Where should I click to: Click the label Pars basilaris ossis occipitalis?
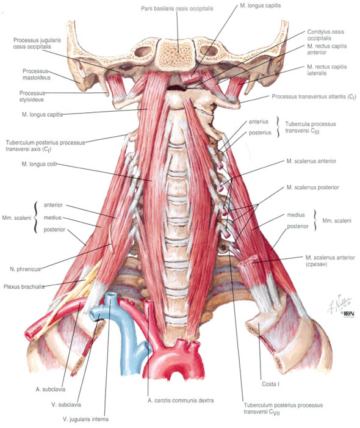177,9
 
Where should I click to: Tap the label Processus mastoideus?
37,74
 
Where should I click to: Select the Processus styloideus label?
32,96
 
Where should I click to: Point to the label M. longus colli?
39,164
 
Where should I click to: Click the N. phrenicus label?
25,269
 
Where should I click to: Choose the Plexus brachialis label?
24,287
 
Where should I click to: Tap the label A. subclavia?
51,390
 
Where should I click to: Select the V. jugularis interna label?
85,419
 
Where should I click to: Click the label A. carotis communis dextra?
181,401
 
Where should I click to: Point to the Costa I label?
270,384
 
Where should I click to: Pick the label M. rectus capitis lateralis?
326,70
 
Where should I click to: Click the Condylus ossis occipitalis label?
326,35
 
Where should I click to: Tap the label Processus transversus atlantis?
314,96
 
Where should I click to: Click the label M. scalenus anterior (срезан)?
330,261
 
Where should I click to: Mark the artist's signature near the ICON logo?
339,303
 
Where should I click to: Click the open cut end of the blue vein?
110,296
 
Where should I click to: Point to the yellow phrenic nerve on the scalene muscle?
110,237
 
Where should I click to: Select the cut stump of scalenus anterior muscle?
248,261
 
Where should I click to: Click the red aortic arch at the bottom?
175,360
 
